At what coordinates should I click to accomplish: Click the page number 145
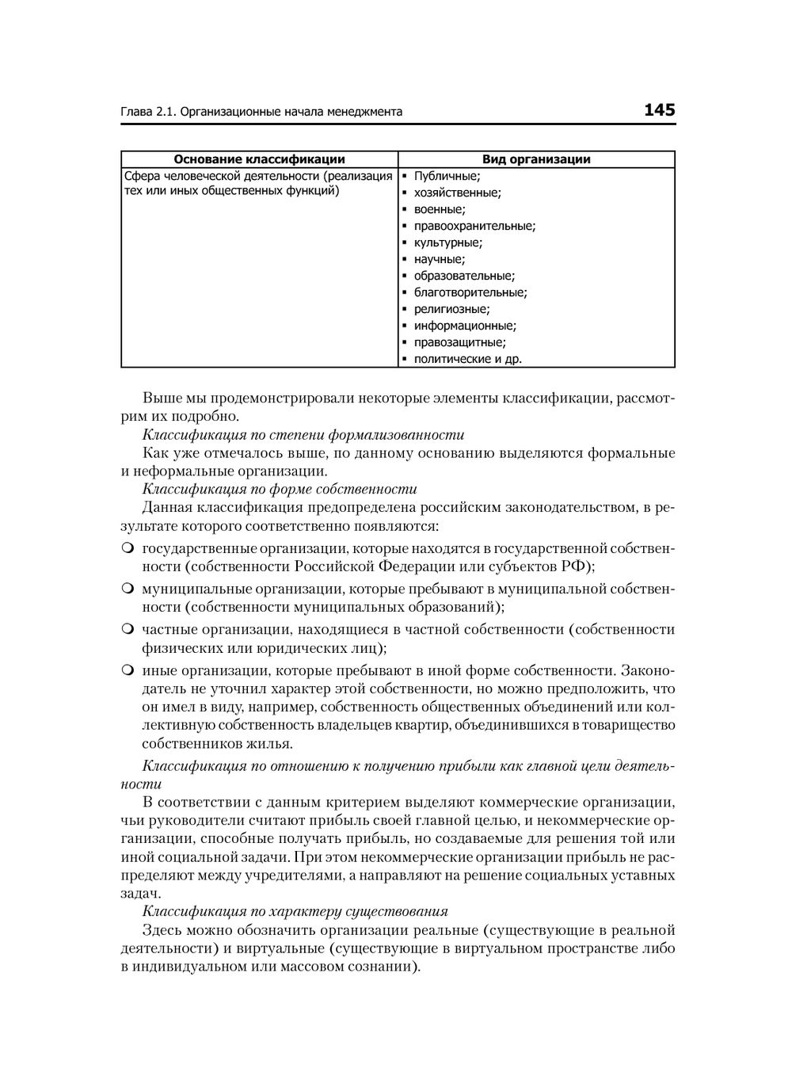tap(659, 110)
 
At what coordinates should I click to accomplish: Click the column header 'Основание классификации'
tap(259, 159)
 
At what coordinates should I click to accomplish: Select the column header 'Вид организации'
tap(536, 159)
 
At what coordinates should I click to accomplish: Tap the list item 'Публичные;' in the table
tap(447, 176)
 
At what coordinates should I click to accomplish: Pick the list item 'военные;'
tap(440, 209)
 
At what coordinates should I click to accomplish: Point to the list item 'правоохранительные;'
tap(474, 226)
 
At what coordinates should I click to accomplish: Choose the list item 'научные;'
tap(440, 259)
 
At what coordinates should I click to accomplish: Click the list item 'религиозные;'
tap(451, 309)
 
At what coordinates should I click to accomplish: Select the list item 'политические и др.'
tap(468, 359)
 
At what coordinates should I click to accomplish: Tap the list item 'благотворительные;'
tap(470, 292)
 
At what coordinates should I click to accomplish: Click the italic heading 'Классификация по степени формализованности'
tap(303, 434)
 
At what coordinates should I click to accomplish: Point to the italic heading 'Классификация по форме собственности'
tap(280, 489)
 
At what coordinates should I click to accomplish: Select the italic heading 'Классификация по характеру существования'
tap(295, 911)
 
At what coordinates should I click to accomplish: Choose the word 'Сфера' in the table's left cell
tap(140, 176)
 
